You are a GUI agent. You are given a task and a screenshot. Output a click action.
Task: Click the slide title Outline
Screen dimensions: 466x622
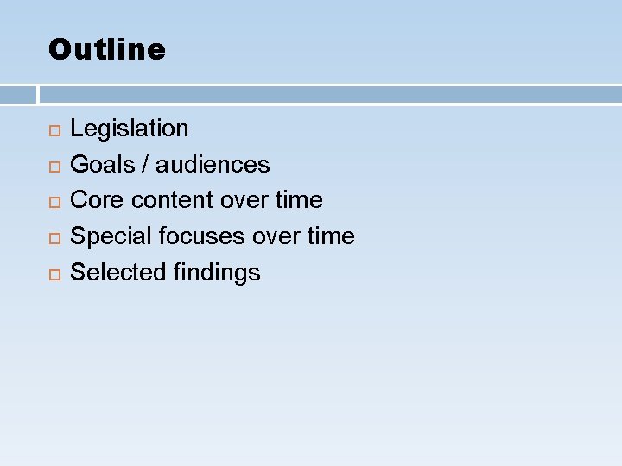(x=106, y=49)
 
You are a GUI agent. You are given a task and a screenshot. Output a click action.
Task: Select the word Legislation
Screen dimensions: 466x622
(x=129, y=129)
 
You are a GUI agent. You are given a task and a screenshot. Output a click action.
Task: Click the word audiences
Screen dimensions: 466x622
(x=213, y=164)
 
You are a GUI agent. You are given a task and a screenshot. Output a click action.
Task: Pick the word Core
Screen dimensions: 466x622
(x=96, y=200)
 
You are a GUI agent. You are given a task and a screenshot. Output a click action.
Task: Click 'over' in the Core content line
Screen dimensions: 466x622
(x=245, y=200)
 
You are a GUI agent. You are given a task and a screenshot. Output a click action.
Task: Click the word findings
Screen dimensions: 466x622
(x=217, y=273)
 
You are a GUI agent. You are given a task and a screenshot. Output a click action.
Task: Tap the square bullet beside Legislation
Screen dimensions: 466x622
(x=54, y=130)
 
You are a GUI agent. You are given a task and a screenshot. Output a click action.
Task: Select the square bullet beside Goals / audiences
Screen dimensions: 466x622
(x=54, y=166)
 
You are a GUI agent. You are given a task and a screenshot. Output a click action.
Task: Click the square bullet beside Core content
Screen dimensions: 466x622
(x=54, y=202)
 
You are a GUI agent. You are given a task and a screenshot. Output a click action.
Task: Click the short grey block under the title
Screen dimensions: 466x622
(x=17, y=94)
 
